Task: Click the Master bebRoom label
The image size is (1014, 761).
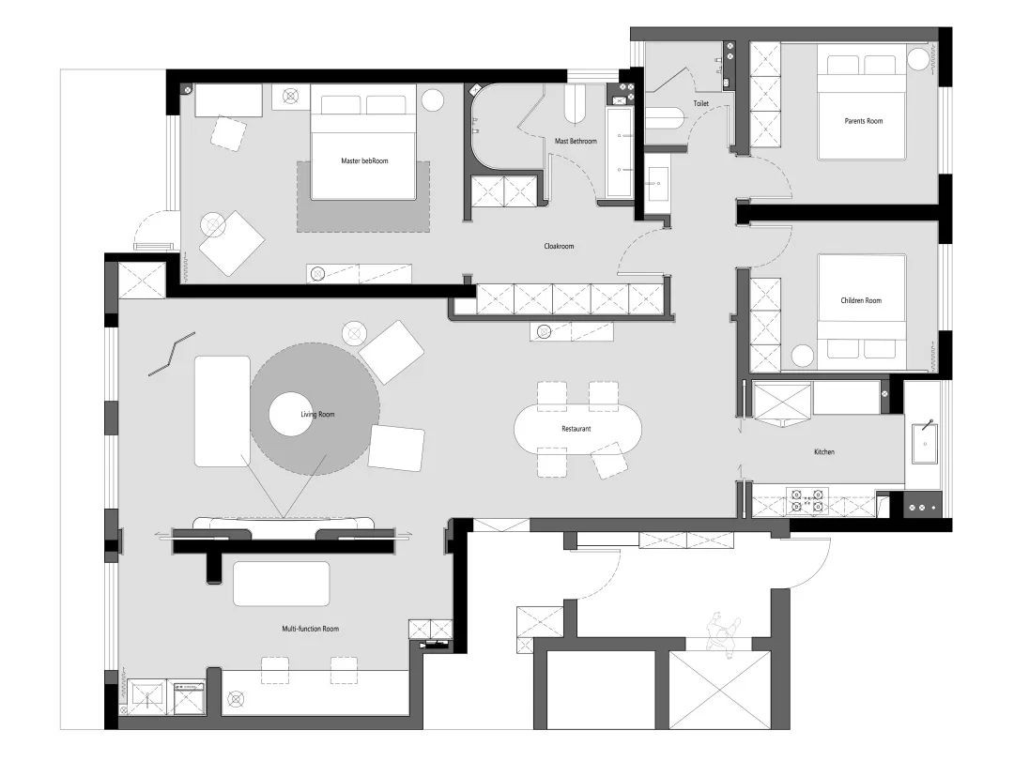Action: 364,161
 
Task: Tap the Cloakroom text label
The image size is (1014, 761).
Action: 559,247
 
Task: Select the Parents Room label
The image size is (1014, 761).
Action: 864,121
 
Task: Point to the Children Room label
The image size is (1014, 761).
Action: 861,300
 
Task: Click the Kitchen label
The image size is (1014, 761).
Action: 824,452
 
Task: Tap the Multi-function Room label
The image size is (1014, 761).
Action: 311,629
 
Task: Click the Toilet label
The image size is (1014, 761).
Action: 701,103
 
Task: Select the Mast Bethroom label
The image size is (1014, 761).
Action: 576,141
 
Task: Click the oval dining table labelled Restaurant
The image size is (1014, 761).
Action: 578,429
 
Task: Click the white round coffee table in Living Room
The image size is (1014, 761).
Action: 291,414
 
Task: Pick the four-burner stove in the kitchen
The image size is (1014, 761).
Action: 807,500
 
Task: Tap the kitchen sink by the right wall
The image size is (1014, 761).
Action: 926,443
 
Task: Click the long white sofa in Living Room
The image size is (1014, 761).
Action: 223,411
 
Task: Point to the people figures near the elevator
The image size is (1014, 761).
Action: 724,633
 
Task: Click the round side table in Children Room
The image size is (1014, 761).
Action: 803,357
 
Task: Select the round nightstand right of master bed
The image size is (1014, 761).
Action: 433,100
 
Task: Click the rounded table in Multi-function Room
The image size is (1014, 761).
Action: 282,584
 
